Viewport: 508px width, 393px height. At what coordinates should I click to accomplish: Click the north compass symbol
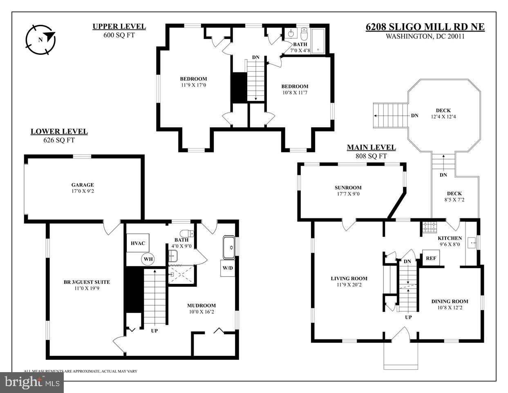[x=40, y=39]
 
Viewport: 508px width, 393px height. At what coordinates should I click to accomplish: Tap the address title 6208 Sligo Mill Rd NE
[x=425, y=27]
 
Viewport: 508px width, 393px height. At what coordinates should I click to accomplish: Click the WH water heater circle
[x=148, y=259]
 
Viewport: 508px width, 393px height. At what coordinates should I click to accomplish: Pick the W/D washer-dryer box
[x=228, y=268]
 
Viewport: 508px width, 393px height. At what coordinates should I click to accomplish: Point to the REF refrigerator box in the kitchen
[x=431, y=258]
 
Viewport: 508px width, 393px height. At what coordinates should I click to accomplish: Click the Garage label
[x=83, y=185]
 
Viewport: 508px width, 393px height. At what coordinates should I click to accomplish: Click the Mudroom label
[x=201, y=305]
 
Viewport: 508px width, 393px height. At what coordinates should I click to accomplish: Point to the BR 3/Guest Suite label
[x=87, y=282]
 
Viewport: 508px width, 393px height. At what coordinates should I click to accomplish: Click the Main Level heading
[x=371, y=148]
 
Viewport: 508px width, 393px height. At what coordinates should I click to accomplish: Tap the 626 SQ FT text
[x=59, y=140]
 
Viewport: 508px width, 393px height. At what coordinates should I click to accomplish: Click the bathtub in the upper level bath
[x=318, y=42]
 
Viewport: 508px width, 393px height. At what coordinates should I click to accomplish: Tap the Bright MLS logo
[x=31, y=382]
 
